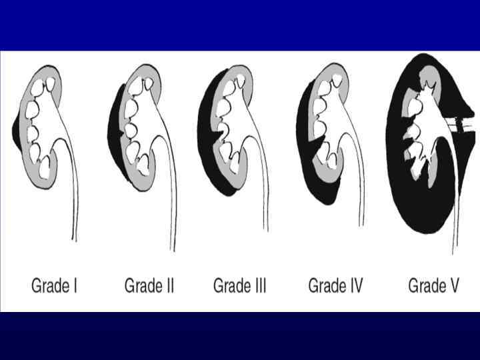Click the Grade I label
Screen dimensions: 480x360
click(x=55, y=287)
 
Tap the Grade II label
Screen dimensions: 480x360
click(x=149, y=287)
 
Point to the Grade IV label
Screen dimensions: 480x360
click(x=335, y=287)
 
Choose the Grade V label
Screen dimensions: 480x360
click(x=433, y=287)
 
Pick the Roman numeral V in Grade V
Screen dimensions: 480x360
click(x=453, y=287)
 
